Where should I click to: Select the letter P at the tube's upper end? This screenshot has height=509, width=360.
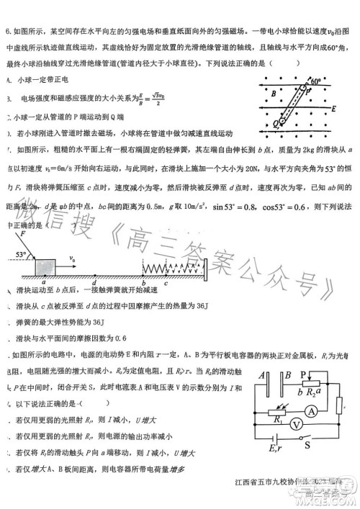tap(307, 91)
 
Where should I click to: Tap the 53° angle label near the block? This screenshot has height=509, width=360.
tap(19, 255)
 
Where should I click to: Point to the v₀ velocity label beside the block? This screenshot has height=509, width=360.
tap(72, 258)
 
